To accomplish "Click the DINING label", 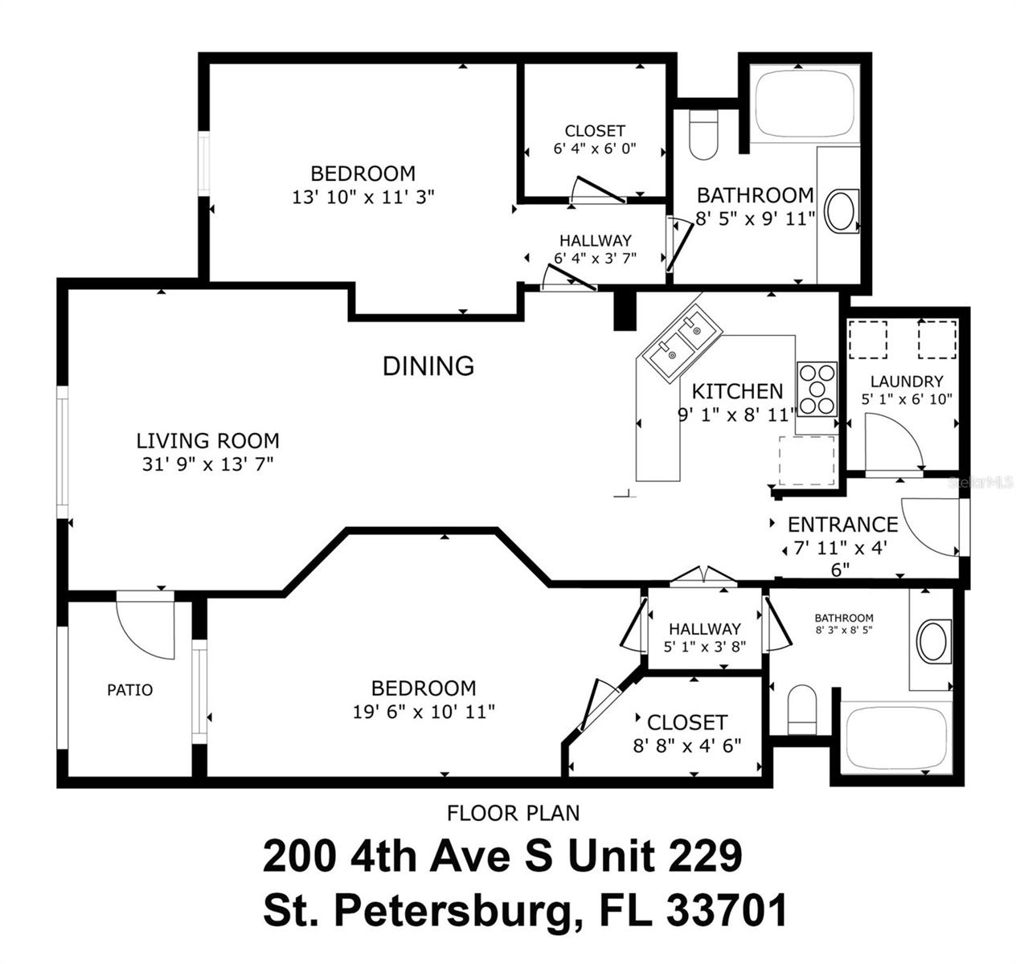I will click(x=428, y=366).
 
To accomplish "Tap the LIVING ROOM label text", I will click(x=207, y=440).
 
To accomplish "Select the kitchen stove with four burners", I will click(x=816, y=389).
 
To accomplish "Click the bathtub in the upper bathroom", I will click(x=806, y=103).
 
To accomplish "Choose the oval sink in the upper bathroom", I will click(x=842, y=211).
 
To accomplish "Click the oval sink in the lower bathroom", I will click(x=932, y=641).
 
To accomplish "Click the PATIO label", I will click(x=129, y=689).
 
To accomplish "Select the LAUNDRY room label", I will click(x=906, y=382).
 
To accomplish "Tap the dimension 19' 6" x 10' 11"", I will click(x=423, y=711).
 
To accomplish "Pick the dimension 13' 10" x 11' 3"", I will click(x=363, y=196).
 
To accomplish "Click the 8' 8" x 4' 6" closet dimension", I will click(x=686, y=745).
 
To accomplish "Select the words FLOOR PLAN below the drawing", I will click(x=513, y=813).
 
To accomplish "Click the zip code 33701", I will click(x=727, y=911).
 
